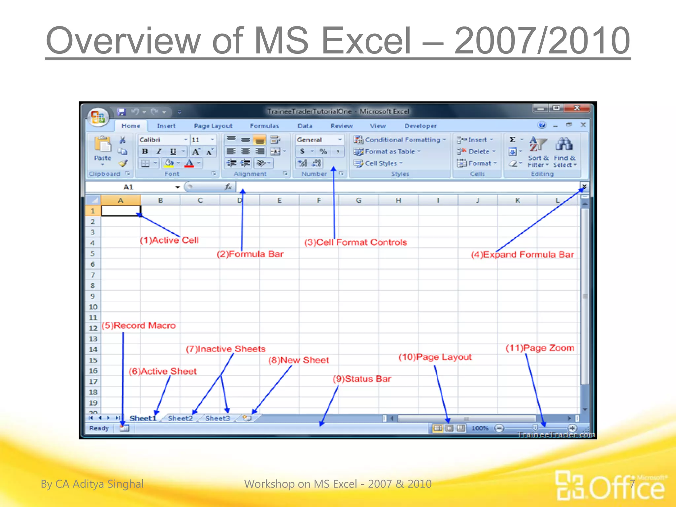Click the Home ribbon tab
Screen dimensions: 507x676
(131, 126)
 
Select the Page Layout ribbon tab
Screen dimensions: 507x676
(213, 126)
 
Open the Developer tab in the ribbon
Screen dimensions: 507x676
(420, 126)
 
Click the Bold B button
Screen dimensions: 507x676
(145, 152)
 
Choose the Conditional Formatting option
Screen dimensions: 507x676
(402, 140)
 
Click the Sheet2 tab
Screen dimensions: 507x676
(180, 418)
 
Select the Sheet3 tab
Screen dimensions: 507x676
(218, 418)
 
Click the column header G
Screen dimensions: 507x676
(358, 200)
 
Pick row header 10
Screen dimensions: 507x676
(93, 307)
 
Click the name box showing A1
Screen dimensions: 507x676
(129, 187)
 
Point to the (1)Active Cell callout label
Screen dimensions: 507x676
(169, 240)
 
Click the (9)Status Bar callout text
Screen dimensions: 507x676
(362, 379)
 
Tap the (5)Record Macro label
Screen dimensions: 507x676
(139, 325)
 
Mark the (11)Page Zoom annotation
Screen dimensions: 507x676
(540, 348)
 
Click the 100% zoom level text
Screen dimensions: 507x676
(480, 428)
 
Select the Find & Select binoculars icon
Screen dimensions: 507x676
(564, 144)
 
